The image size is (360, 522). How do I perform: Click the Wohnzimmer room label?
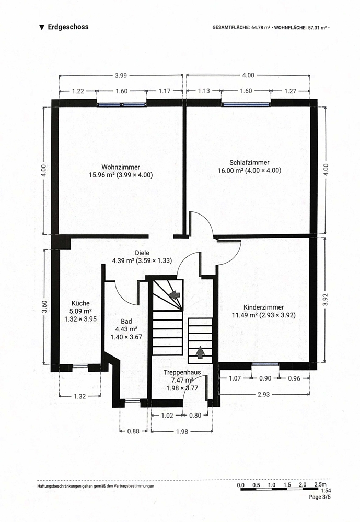click(121, 167)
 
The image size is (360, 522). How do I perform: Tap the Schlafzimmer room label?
click(249, 162)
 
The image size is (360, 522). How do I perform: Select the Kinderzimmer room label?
click(264, 307)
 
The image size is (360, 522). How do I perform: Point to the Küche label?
click(80, 303)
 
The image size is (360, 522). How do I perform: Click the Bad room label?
click(126, 321)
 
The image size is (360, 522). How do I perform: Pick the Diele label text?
click(142, 253)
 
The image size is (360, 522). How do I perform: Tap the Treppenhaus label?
click(182, 372)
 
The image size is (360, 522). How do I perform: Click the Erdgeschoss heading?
click(68, 27)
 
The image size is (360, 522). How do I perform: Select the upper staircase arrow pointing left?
click(175, 294)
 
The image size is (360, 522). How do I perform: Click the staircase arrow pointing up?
click(200, 352)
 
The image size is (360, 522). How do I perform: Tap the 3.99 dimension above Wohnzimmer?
click(121, 75)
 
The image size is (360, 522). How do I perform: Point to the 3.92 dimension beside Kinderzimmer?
click(326, 299)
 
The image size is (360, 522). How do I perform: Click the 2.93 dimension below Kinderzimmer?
click(264, 394)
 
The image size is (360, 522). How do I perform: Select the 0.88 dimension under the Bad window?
click(133, 431)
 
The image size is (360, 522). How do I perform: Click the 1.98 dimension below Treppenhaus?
click(182, 432)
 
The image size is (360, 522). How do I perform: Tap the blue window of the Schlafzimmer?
click(246, 104)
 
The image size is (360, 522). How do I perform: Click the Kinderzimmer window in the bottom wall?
click(265, 365)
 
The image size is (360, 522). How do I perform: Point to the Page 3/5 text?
click(320, 497)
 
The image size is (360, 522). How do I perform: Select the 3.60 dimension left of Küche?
click(44, 306)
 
